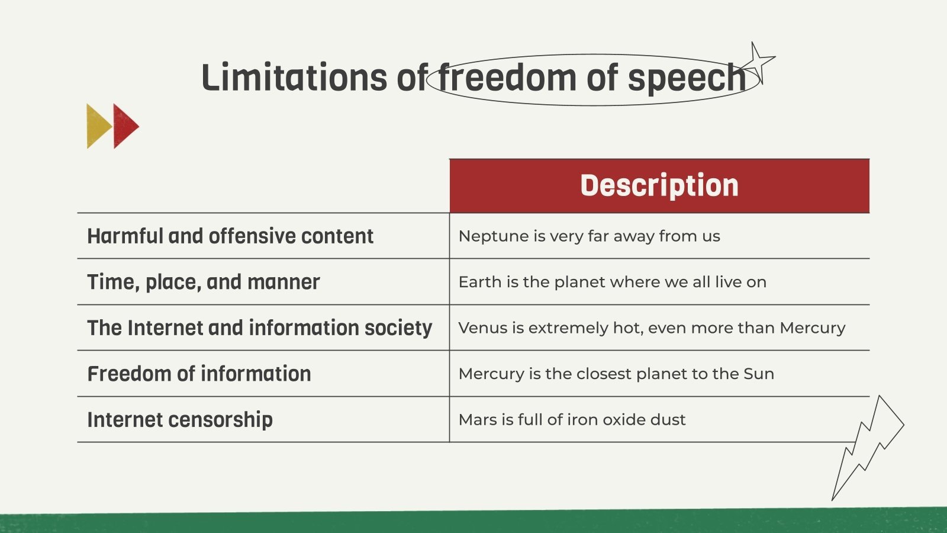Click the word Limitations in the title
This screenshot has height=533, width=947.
[295, 78]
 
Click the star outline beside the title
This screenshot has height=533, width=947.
[758, 61]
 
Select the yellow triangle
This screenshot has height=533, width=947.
[96, 126]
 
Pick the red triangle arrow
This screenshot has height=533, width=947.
[124, 126]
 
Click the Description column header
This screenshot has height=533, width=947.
[659, 185]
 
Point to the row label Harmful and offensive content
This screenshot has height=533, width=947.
[230, 236]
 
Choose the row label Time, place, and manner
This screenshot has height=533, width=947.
[203, 282]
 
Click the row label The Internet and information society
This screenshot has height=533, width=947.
[259, 327]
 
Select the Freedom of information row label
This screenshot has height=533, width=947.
[199, 374]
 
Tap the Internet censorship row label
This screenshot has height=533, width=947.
[180, 419]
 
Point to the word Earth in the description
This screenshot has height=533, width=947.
[479, 282]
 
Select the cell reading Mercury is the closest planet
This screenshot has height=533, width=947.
[616, 374]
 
